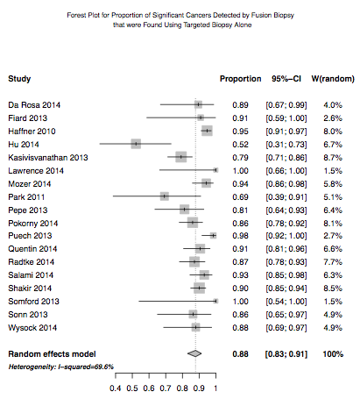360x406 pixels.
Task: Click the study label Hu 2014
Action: click(x=24, y=145)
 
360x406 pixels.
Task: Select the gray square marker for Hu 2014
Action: click(x=136, y=144)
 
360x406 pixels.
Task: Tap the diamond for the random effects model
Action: click(x=194, y=353)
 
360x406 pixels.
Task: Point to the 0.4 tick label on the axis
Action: click(x=116, y=388)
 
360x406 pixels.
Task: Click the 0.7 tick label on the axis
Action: click(x=166, y=388)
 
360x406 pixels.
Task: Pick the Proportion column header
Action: click(x=240, y=79)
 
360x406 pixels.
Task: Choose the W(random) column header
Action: click(x=333, y=79)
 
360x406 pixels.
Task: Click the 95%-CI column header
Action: click(x=286, y=79)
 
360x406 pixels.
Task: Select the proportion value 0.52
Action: click(x=240, y=145)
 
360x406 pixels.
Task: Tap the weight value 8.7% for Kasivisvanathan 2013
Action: click(x=333, y=158)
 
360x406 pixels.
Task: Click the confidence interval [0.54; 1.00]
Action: click(x=286, y=302)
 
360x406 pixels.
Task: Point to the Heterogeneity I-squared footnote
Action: click(x=61, y=367)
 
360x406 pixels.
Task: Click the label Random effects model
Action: click(x=52, y=354)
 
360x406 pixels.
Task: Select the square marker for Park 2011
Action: click(x=165, y=196)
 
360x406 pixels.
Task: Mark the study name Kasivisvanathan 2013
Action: click(x=48, y=158)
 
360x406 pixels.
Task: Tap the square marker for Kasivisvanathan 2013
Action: click(x=181, y=157)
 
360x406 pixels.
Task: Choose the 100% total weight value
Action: click(x=333, y=354)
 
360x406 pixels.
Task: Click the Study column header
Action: click(x=19, y=79)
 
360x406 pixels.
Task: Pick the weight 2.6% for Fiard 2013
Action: click(x=333, y=118)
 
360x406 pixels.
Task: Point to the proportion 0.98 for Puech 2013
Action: click(x=240, y=236)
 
